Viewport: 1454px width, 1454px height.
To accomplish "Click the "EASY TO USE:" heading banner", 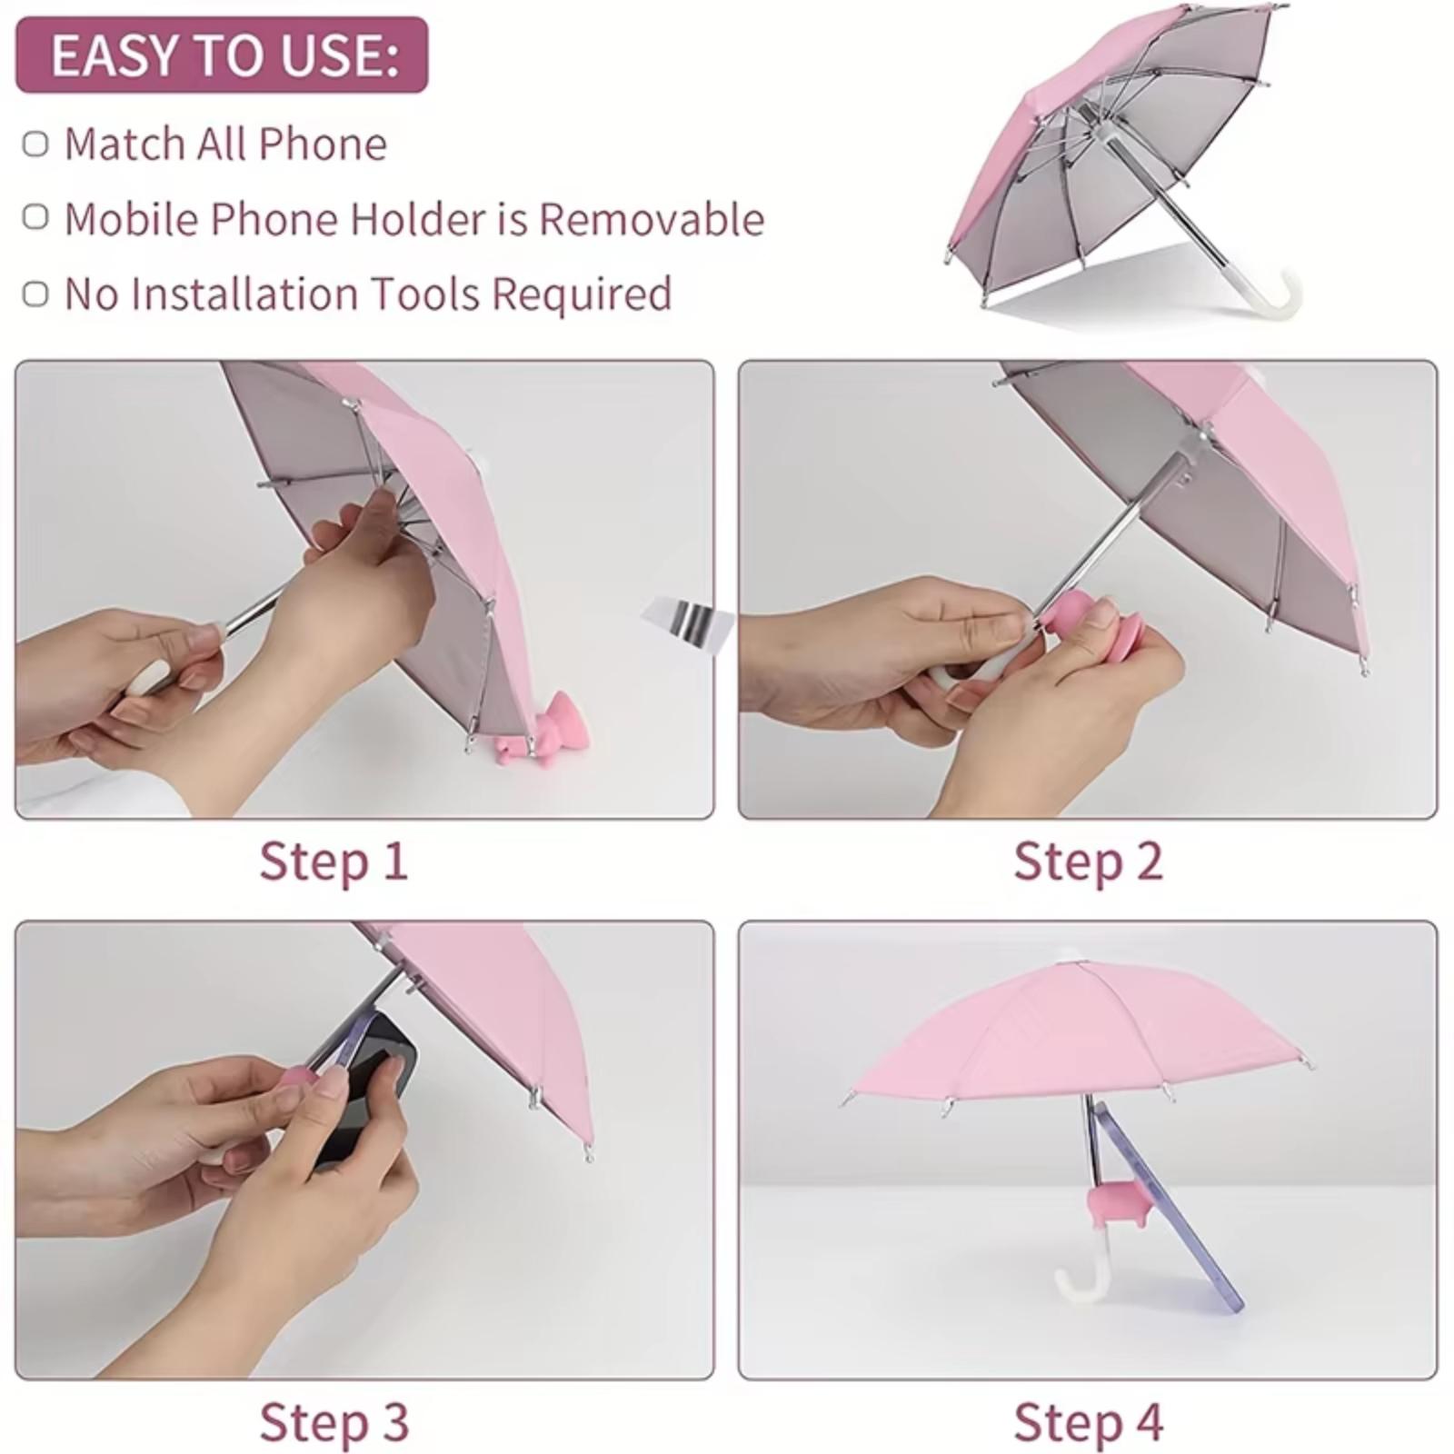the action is [222, 55].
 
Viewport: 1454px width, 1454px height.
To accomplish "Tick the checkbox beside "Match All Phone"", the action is [35, 144].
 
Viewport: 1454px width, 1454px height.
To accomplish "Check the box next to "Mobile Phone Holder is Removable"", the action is [35, 218].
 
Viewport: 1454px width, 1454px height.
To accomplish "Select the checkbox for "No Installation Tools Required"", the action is [35, 294].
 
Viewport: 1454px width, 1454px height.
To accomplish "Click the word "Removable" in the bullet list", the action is [652, 219].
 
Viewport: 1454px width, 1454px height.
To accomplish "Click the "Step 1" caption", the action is [334, 861].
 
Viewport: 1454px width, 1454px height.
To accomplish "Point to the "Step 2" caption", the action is [1088, 861].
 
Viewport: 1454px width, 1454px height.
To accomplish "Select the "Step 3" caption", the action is [334, 1421].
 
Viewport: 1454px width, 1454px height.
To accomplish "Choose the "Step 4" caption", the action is [1088, 1421].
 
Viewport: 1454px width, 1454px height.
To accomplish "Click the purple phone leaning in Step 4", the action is [1168, 1209].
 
